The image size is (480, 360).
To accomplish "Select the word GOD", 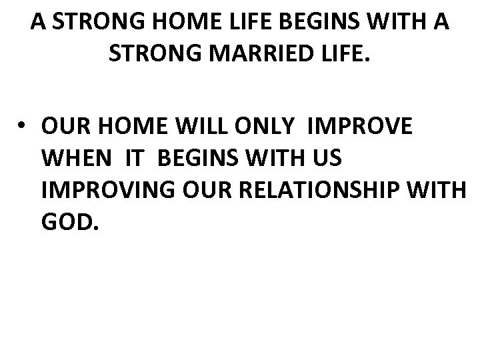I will pyautogui.click(x=70, y=221).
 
